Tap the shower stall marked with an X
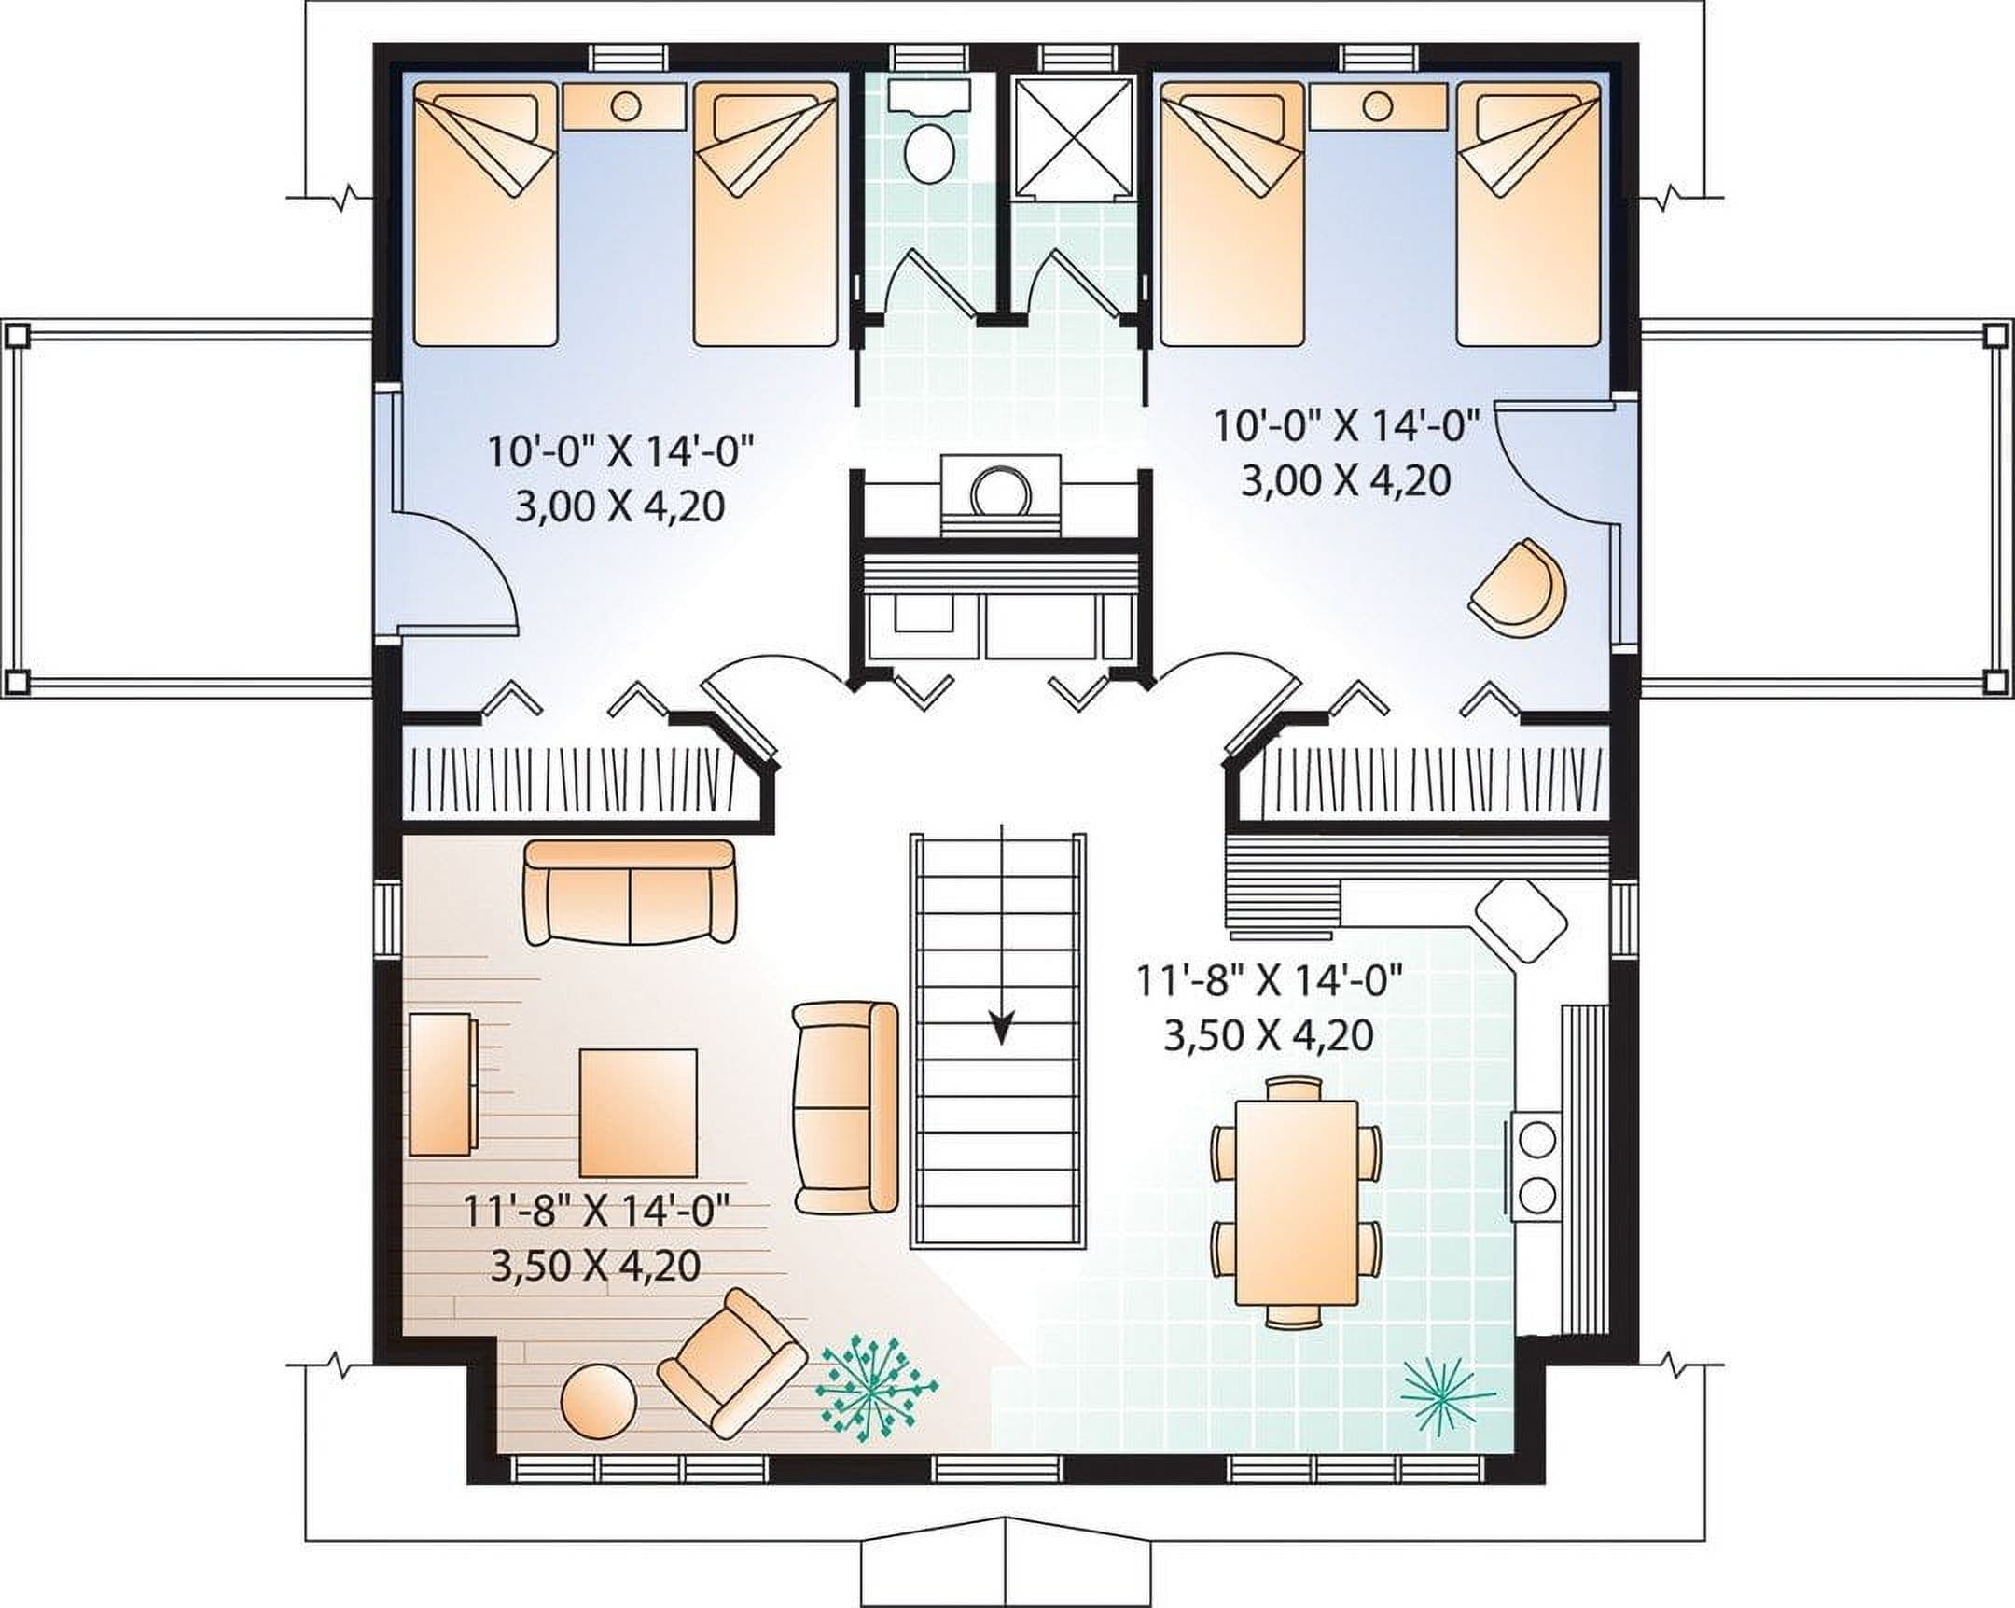(1074, 138)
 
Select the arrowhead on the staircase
(1002, 1028)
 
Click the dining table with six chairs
(1296, 1201)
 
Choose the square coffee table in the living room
(638, 1113)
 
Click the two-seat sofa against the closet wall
(630, 892)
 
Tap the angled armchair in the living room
(731, 1363)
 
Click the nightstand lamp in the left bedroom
(625, 105)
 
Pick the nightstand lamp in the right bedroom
(1377, 105)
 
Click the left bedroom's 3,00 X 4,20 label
(619, 507)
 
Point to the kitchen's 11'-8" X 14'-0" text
(1271, 983)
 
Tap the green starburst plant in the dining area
(1447, 1397)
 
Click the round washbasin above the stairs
(1000, 490)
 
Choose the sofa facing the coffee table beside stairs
(845, 1108)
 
